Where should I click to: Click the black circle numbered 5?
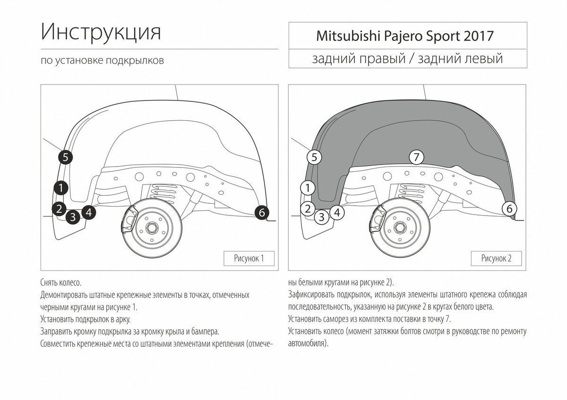tap(65, 157)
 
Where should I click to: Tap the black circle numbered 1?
tap(60, 188)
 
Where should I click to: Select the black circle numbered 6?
tap(262, 213)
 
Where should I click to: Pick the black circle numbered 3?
tap(72, 217)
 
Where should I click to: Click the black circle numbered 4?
tap(88, 213)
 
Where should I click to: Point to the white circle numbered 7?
tap(416, 157)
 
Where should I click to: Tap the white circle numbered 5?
tap(314, 157)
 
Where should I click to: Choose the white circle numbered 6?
tap(509, 208)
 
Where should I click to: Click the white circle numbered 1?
tap(308, 188)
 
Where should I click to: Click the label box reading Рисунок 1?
tap(249, 258)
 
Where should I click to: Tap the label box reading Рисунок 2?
tap(496, 258)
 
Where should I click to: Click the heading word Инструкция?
tap(101, 32)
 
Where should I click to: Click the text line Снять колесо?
tap(61, 283)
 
